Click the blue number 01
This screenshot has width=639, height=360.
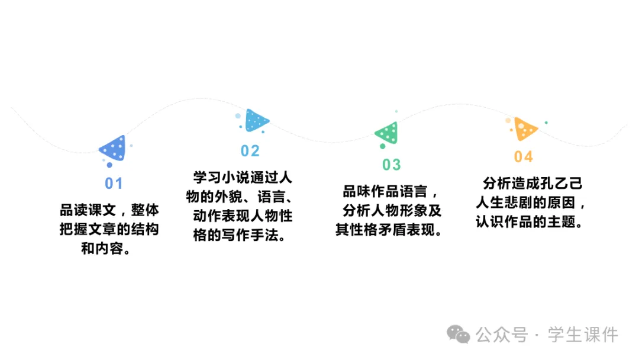pos(114,184)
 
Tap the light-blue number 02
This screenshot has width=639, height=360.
pos(250,151)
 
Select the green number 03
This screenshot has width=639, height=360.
pos(391,165)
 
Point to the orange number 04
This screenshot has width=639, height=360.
pos(523,157)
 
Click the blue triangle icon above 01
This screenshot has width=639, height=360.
pos(114,149)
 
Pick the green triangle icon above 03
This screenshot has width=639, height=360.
pos(387,133)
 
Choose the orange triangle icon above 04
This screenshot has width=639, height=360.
pos(524,128)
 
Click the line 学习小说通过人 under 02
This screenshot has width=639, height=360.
pos(243,178)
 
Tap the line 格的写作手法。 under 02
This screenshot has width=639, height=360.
pos(240,235)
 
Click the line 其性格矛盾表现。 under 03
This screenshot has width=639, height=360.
pos(389,230)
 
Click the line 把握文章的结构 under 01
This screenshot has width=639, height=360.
pos(109,230)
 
